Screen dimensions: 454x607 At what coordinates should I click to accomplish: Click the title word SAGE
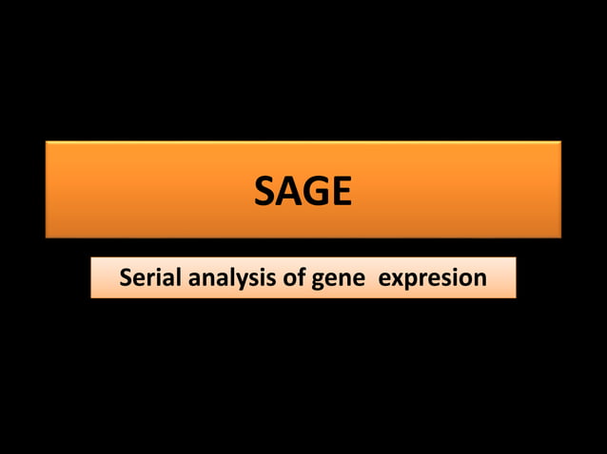click(x=303, y=193)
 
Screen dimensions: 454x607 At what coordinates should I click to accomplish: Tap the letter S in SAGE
click(x=265, y=193)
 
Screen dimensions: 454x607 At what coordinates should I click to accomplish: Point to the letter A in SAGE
click(x=289, y=193)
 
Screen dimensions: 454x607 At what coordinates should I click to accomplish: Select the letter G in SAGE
click(x=316, y=193)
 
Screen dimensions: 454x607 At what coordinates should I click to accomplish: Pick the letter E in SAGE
click(x=341, y=193)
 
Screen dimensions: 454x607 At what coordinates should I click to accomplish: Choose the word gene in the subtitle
click(x=336, y=278)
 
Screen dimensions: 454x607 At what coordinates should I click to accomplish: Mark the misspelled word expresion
click(x=433, y=278)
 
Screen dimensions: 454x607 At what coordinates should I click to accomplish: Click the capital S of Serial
click(x=126, y=278)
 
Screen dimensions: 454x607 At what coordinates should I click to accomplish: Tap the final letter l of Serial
click(x=172, y=277)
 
